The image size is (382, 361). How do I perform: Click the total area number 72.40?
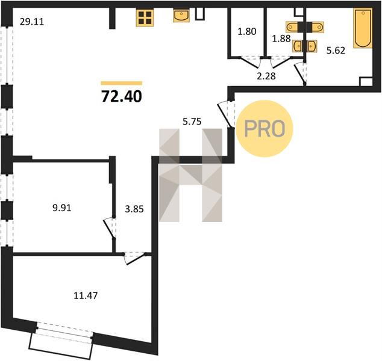click(x=121, y=96)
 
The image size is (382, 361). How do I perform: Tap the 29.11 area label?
click(x=32, y=22)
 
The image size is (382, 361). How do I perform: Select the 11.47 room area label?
click(x=86, y=295)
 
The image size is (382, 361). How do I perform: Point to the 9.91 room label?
click(x=62, y=208)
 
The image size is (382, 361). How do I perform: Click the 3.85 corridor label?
click(x=134, y=209)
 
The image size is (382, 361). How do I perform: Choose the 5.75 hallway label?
click(x=192, y=122)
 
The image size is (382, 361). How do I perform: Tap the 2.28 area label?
click(x=266, y=76)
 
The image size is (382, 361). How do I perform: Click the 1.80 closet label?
click(x=247, y=32)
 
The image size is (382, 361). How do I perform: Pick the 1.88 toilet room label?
click(x=281, y=39)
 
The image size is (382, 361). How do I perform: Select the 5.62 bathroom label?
click(x=336, y=51)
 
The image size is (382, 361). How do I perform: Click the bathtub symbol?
click(x=363, y=28)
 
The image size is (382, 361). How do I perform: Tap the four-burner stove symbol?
click(x=145, y=17)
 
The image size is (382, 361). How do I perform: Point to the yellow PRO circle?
click(x=265, y=128)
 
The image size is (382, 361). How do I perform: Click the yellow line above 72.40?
click(x=121, y=83)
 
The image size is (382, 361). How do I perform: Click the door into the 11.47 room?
click(x=134, y=258)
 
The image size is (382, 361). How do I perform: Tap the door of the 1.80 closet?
click(x=251, y=61)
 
